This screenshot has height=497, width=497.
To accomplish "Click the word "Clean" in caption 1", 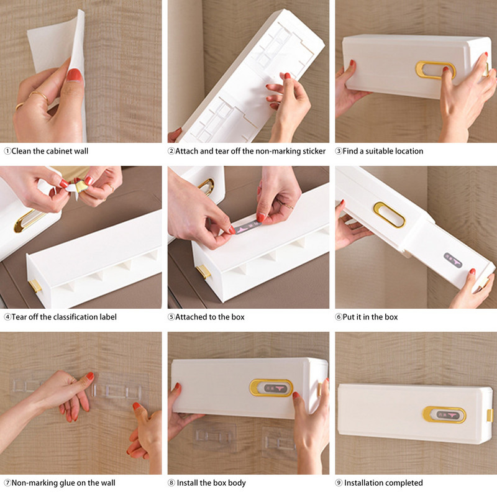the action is tap(21, 151).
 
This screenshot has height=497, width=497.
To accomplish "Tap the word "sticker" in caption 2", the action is tap(314, 151).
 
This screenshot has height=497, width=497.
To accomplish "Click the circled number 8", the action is tap(171, 483).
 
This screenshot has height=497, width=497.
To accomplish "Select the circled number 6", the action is tap(339, 317).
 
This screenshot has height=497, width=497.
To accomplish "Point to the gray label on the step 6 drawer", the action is tap(453, 260).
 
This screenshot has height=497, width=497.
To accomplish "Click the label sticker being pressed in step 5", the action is tap(246, 227).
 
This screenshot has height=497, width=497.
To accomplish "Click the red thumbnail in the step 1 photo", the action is tap(75, 75).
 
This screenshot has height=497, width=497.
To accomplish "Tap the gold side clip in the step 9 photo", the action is tap(490, 415).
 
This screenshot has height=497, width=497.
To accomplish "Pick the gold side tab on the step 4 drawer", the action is tap(35, 286).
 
